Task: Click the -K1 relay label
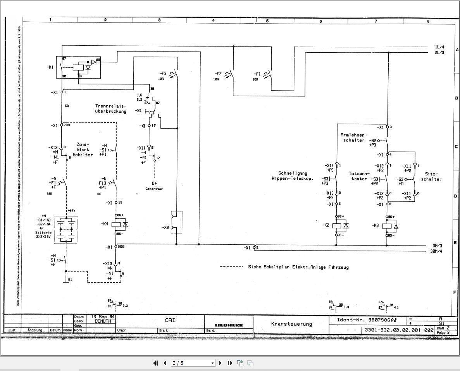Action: pyautogui.click(x=50, y=67)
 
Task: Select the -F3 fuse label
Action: pyautogui.click(x=163, y=73)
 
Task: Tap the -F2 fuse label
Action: pyautogui.click(x=218, y=74)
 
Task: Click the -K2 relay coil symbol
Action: pyautogui.click(x=337, y=225)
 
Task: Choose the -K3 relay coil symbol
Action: pyautogui.click(x=386, y=226)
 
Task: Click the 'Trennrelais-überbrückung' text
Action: pyautogui.click(x=111, y=108)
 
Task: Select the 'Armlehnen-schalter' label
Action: pyautogui.click(x=353, y=137)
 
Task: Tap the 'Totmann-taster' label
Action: pyautogui.click(x=358, y=176)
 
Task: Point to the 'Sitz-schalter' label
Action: pyautogui.click(x=431, y=177)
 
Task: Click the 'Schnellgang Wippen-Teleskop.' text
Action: pyautogui.click(x=293, y=176)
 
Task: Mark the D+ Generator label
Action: pyautogui.click(x=154, y=185)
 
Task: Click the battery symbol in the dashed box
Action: pyautogui.click(x=66, y=230)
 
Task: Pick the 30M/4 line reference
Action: pyautogui.click(x=436, y=251)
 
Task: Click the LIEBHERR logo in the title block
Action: pyautogui.click(x=229, y=325)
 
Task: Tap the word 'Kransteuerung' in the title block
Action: pyautogui.click(x=291, y=324)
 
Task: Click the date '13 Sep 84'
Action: pyautogui.click(x=100, y=316)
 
